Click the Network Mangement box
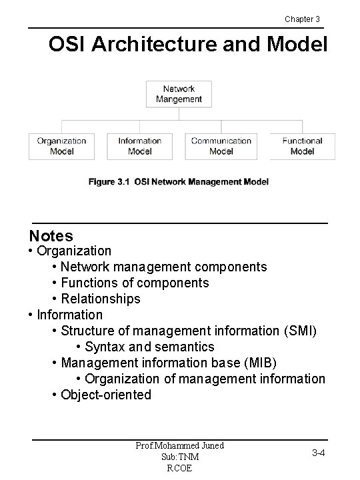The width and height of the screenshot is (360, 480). coord(179,94)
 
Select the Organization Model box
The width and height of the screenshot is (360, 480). coord(61,146)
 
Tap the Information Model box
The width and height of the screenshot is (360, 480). coord(139,146)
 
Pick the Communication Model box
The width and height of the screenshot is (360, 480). coord(221,146)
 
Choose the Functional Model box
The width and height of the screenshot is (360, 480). coord(302,146)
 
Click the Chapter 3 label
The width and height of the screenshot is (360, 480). coord(302,19)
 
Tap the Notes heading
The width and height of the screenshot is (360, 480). coord(51,235)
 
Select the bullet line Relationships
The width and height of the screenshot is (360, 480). coord(100,299)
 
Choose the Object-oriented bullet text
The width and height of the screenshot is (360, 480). coord(106,395)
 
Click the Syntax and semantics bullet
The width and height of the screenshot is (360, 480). coord(149,347)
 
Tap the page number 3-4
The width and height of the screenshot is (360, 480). coord(319,453)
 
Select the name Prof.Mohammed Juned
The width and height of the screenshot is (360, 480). coord(180,445)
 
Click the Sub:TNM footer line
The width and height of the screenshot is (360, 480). coord(180,457)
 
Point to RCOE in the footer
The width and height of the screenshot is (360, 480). coord(180,468)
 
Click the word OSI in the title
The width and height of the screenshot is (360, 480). coord(67,45)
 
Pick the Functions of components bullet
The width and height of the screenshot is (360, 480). coord(134,283)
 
